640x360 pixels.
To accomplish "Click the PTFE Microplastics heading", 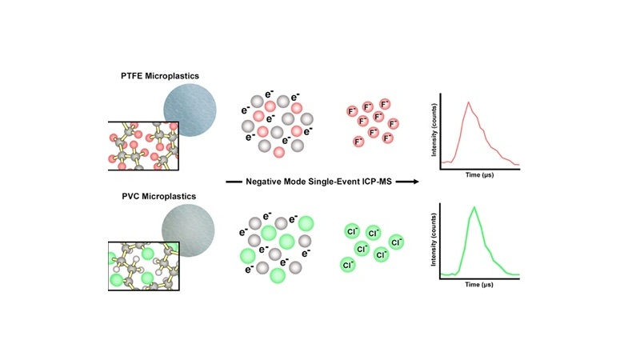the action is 159,76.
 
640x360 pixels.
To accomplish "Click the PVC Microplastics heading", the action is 158,196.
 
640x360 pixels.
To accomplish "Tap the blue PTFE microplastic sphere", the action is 190,110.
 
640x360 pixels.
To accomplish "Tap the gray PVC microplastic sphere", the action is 188,230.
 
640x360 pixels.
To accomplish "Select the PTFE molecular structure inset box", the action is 143,146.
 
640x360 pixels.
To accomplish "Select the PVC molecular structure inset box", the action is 144,266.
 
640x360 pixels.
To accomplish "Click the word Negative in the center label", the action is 265,182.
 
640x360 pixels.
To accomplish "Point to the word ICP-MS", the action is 376,182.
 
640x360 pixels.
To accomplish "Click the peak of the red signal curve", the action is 469,102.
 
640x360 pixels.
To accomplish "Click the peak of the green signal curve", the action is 474,207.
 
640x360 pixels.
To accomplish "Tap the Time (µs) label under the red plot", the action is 479,174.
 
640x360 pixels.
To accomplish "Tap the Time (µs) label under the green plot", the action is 479,284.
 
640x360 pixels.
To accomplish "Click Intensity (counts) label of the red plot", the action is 434,130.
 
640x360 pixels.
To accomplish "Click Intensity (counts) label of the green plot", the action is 434,239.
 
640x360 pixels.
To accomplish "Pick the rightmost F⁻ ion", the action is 393,124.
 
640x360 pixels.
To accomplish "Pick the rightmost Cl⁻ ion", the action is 396,242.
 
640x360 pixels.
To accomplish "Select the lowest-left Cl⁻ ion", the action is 348,265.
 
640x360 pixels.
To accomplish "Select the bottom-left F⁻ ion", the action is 358,142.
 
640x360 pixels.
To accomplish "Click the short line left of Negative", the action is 234,182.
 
